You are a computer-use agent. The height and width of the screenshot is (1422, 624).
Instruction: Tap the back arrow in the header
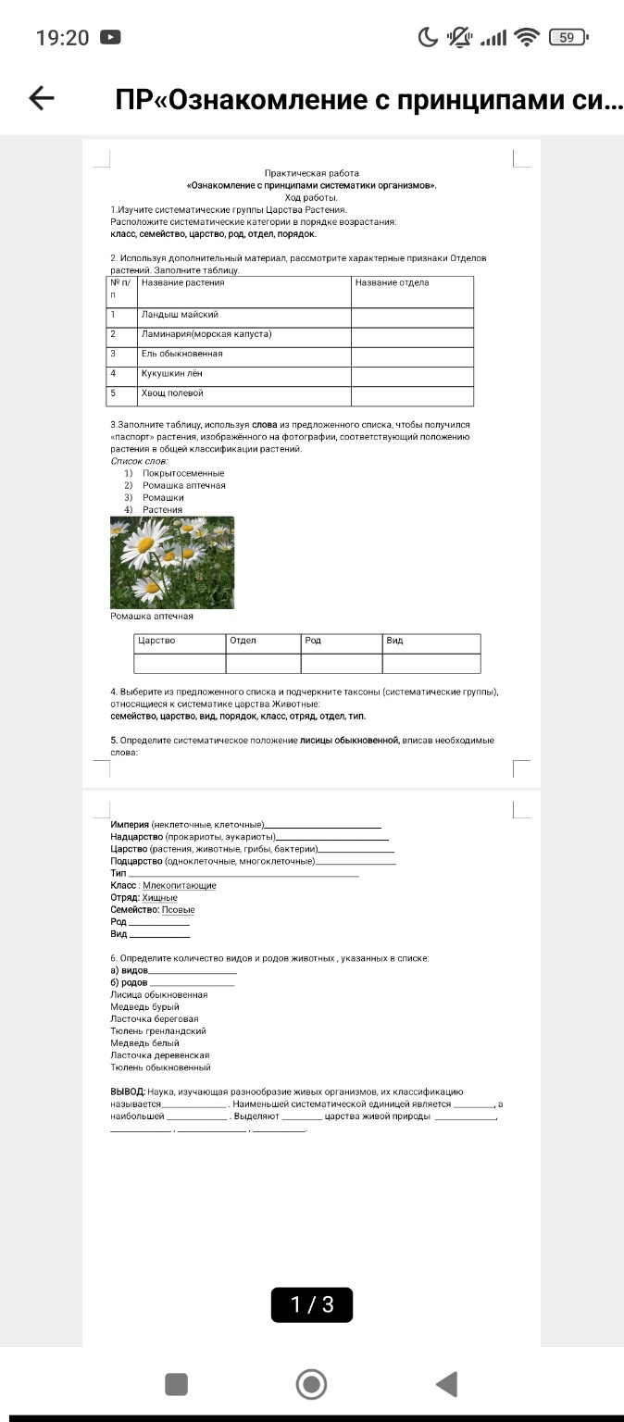pyautogui.click(x=42, y=99)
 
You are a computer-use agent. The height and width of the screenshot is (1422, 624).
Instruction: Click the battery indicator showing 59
pyautogui.click(x=567, y=38)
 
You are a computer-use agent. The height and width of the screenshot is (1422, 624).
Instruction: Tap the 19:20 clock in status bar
pyautogui.click(x=62, y=38)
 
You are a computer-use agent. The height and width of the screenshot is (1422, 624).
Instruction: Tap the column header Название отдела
pyautogui.click(x=392, y=283)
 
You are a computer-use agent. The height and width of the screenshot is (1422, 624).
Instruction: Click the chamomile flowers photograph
pyautogui.click(x=172, y=562)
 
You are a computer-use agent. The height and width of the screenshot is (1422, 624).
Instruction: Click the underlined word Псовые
pyautogui.click(x=178, y=910)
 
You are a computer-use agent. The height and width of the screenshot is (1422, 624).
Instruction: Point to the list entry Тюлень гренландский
pyautogui.click(x=157, y=1030)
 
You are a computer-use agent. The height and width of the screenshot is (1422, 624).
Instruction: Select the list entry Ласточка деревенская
pyautogui.click(x=159, y=1054)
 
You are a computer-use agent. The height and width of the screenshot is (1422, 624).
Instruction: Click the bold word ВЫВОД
pyautogui.click(x=127, y=1091)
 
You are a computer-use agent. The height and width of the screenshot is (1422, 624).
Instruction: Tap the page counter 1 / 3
pyautogui.click(x=312, y=1304)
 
